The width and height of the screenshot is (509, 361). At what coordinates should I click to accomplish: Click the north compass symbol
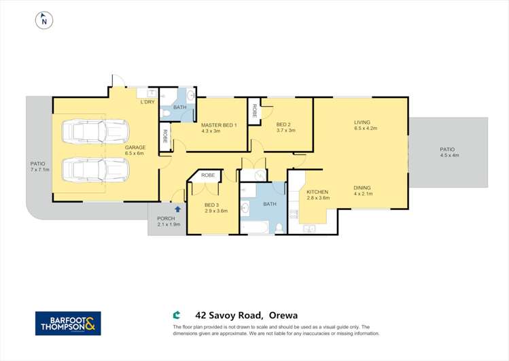[44, 21]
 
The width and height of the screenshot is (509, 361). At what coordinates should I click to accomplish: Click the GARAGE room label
[135, 150]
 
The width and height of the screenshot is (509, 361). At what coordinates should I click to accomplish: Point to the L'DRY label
[147, 103]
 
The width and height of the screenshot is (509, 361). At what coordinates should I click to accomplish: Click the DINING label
[362, 191]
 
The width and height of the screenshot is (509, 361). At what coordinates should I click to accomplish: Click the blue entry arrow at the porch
[178, 210]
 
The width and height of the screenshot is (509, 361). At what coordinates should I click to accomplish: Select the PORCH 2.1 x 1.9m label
[169, 221]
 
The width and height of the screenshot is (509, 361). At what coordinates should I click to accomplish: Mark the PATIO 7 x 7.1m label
[39, 167]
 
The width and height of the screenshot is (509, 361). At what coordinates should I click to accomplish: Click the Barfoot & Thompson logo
[68, 324]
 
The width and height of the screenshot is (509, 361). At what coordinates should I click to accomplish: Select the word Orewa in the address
[283, 315]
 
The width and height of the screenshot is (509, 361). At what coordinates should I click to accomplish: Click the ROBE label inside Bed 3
[208, 175]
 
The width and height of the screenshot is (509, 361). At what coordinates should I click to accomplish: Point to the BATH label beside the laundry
[179, 107]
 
